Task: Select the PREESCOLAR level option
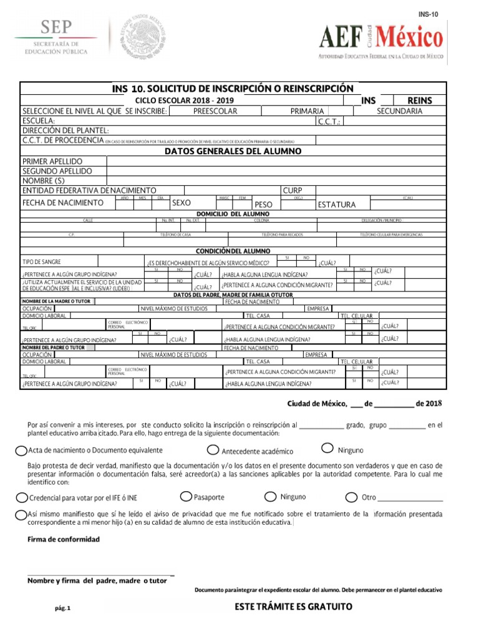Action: click(215, 111)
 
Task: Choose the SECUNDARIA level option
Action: click(399, 111)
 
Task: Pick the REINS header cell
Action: click(419, 100)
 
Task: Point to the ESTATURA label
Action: click(336, 205)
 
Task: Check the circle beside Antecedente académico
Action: click(213, 451)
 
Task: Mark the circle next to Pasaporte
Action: click(185, 497)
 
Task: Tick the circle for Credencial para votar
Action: click(22, 497)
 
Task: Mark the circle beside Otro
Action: click(352, 497)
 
